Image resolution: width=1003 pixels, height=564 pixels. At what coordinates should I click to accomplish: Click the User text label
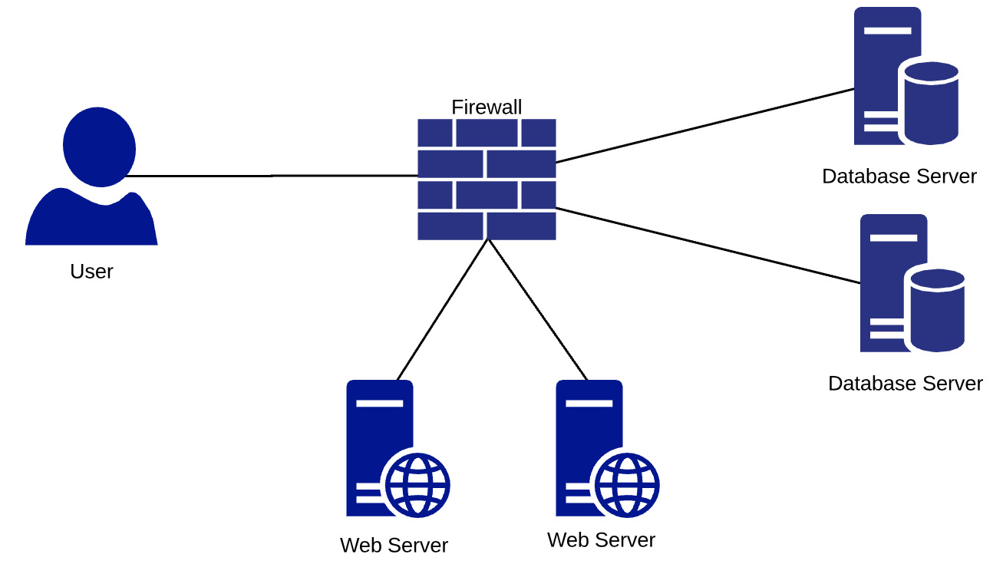pos(91,272)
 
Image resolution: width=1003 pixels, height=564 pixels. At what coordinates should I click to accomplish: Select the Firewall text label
pos(487,107)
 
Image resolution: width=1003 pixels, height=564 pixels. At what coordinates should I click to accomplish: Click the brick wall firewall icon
pos(487,180)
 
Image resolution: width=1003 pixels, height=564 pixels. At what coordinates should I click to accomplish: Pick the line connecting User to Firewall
pos(272,176)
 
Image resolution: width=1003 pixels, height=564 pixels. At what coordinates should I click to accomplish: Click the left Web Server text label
pos(394,546)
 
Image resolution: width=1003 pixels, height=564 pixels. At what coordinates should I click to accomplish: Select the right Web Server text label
pos(601,540)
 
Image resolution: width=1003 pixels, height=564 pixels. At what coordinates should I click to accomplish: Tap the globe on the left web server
pos(417,485)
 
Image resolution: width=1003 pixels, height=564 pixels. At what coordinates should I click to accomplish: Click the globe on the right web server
pos(627,485)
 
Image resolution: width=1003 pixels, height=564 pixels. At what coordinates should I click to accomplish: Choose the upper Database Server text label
pos(899,176)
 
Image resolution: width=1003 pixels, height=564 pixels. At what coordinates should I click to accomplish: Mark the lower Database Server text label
pos(905,384)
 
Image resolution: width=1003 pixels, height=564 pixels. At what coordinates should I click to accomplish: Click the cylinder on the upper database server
pos(931,104)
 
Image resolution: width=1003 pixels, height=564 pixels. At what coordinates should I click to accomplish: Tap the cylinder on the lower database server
pos(937,310)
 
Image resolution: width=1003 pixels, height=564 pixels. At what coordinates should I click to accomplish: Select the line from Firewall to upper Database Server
pos(704,126)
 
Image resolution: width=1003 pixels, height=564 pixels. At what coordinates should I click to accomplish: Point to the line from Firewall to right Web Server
pos(537,309)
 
